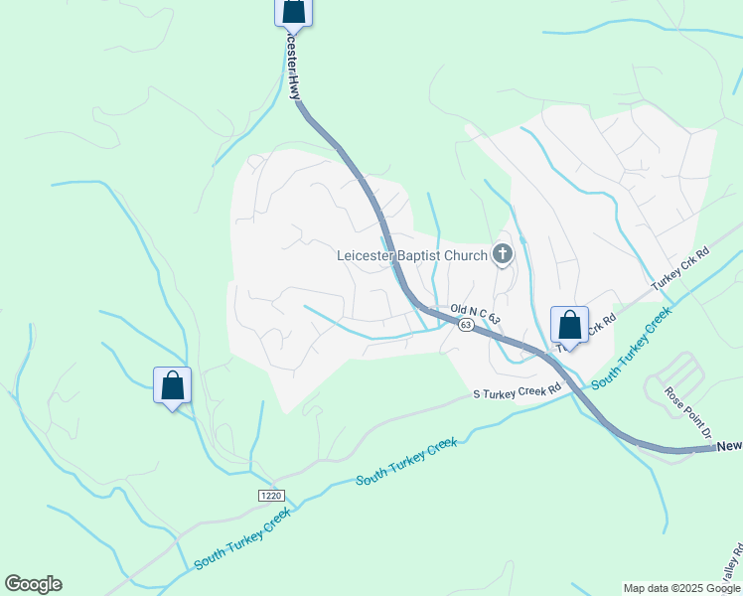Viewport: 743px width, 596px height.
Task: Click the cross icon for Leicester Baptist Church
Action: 503,255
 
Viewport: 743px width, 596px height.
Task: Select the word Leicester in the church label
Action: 366,255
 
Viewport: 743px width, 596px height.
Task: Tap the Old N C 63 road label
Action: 475,314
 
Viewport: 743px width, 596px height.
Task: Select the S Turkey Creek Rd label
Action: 518,391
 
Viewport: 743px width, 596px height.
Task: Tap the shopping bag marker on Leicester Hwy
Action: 293,11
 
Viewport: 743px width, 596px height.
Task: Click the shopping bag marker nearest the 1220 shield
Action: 172,385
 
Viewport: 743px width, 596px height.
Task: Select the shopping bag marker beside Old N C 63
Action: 569,325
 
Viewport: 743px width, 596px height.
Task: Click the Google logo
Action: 33,584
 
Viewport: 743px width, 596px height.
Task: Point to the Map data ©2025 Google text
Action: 681,588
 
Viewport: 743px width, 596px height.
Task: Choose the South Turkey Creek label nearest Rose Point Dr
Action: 632,353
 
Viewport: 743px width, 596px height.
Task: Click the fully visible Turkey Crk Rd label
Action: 681,268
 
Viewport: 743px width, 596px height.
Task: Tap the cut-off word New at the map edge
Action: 729,447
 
